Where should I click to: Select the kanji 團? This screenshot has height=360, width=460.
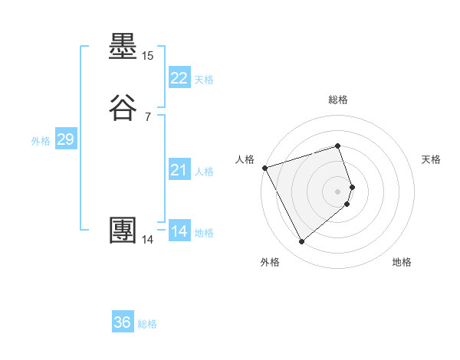(123, 231)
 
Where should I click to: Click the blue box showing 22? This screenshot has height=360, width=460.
(179, 78)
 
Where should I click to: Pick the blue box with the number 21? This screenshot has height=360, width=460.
(179, 170)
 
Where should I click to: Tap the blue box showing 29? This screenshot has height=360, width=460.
(65, 139)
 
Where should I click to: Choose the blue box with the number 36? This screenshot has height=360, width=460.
(123, 322)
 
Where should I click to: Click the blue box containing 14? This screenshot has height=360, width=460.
(179, 231)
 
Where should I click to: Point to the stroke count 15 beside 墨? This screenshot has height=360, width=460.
(147, 56)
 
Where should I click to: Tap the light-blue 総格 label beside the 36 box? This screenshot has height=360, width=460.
(147, 324)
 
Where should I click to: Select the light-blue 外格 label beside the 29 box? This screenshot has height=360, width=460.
(41, 141)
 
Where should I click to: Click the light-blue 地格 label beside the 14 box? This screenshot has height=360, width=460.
(204, 233)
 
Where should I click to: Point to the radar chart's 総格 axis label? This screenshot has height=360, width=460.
(338, 100)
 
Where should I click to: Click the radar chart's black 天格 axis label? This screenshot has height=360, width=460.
(432, 159)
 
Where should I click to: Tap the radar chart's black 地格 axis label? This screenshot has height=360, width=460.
(402, 262)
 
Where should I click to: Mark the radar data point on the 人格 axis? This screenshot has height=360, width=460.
(264, 168)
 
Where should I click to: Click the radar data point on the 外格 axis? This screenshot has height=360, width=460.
(301, 242)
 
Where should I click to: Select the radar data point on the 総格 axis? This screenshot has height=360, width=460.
(338, 146)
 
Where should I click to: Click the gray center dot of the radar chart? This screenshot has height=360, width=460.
(338, 191)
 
